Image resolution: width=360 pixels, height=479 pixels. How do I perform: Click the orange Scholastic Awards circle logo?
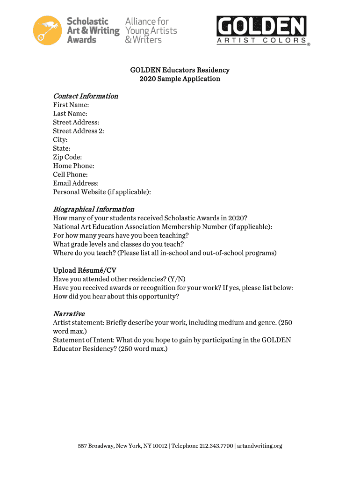point(47,30)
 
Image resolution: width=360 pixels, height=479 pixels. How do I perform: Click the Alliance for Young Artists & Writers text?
point(151,30)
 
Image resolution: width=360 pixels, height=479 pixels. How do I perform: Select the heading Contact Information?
point(85,96)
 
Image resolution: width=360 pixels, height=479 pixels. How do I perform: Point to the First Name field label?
point(71,105)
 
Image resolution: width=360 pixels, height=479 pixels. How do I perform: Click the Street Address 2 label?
point(78,131)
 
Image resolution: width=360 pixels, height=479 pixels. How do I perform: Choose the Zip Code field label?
point(67,157)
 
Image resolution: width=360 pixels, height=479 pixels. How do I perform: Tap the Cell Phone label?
point(70,174)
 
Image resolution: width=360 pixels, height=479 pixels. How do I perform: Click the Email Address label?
point(76,183)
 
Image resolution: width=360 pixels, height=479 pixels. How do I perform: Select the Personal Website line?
point(102,192)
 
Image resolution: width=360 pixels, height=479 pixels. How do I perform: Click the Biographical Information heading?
point(94,209)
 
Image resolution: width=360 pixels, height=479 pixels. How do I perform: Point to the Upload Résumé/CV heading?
point(85,270)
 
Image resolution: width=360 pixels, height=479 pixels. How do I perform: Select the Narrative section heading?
point(69,313)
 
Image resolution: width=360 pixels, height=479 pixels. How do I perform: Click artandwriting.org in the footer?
point(260,446)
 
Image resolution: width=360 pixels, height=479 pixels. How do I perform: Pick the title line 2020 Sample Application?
point(180,79)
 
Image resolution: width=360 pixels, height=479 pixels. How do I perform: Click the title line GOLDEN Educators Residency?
point(180,70)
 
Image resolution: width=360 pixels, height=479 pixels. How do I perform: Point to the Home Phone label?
point(73,166)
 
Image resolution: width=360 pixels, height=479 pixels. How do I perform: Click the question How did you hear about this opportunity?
point(116,296)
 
